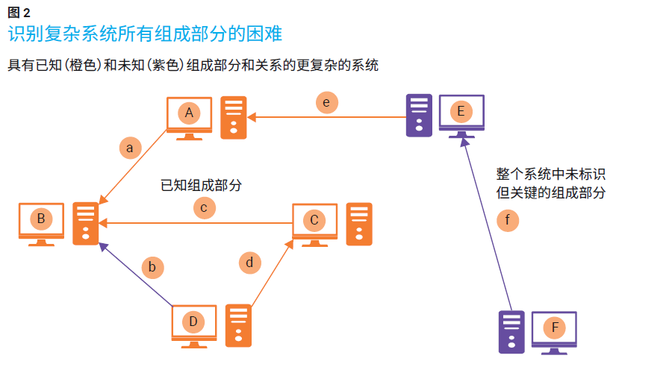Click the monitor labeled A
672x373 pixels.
189,114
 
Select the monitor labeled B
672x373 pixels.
41,220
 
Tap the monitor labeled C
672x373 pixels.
314,221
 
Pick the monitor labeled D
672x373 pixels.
193,323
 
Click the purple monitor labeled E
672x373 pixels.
461,113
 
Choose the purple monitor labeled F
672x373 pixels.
554,328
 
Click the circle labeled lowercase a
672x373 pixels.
130,148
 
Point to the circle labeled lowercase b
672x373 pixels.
152,266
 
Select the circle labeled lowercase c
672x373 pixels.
204,207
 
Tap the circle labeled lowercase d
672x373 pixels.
250,263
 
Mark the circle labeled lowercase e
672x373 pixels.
326,102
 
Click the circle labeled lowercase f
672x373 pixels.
508,220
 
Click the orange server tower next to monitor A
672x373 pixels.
234,118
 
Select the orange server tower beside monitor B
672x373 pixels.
86,224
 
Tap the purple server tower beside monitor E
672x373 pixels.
418,116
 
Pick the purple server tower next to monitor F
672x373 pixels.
511,331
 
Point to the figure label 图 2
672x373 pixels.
19,12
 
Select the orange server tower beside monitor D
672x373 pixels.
238,326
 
